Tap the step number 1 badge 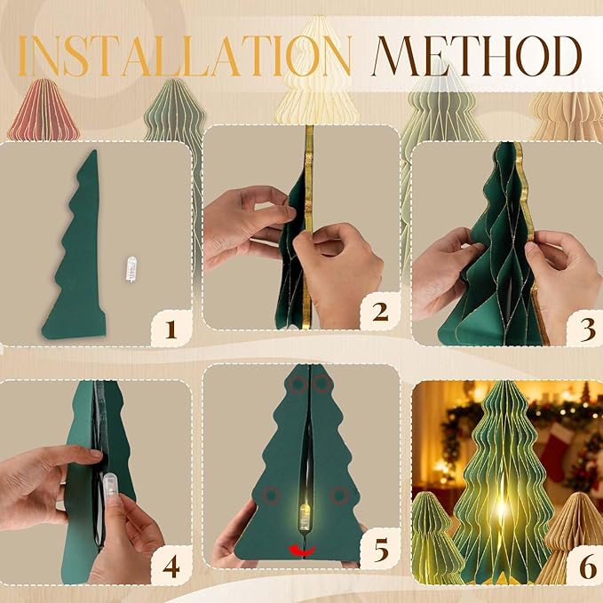point(171,330)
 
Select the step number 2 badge point(380,312)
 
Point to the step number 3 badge point(583,329)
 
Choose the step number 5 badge point(381,550)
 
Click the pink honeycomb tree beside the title point(43,111)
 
